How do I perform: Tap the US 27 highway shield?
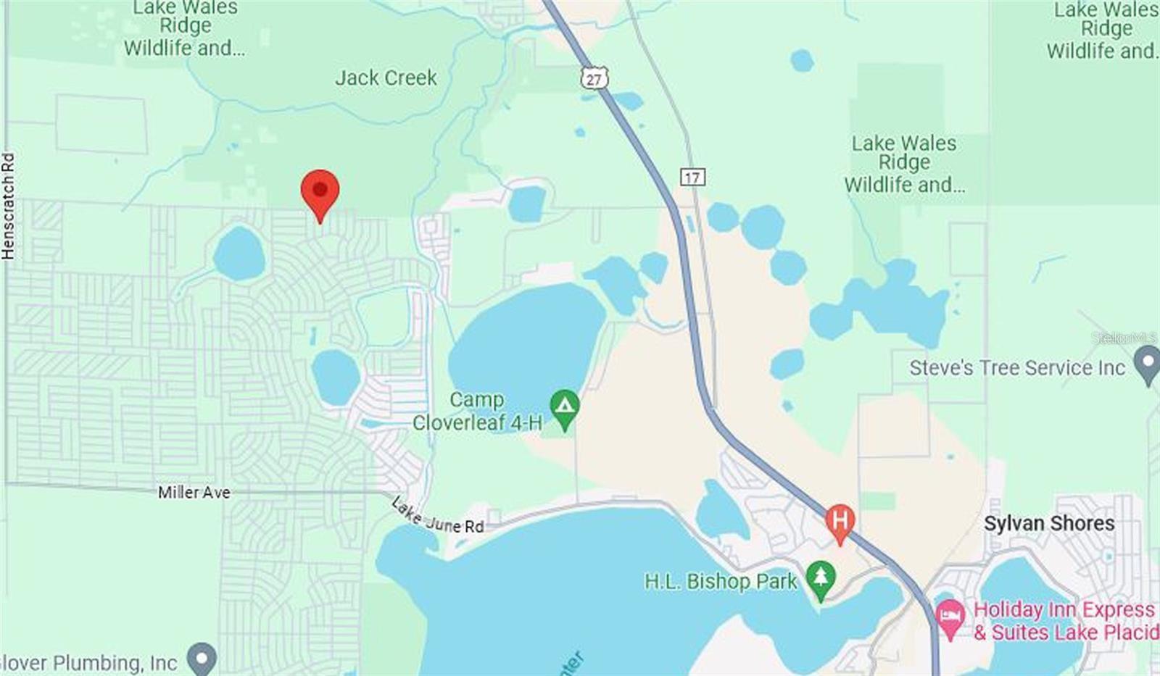594,78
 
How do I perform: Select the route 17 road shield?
692,177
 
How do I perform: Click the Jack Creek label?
386,78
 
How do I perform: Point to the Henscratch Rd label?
8,206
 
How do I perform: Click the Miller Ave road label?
194,493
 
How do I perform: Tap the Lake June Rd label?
437,516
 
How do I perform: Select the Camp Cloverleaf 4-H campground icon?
564,407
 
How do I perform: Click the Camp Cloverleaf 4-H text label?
477,411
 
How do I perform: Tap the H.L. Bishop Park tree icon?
820,579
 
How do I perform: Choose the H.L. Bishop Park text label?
721,581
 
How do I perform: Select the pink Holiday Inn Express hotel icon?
950,618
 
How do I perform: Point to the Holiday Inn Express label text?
1064,620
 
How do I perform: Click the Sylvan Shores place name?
1048,523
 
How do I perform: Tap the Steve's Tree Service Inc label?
1017,367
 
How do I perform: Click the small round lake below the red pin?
239,254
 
